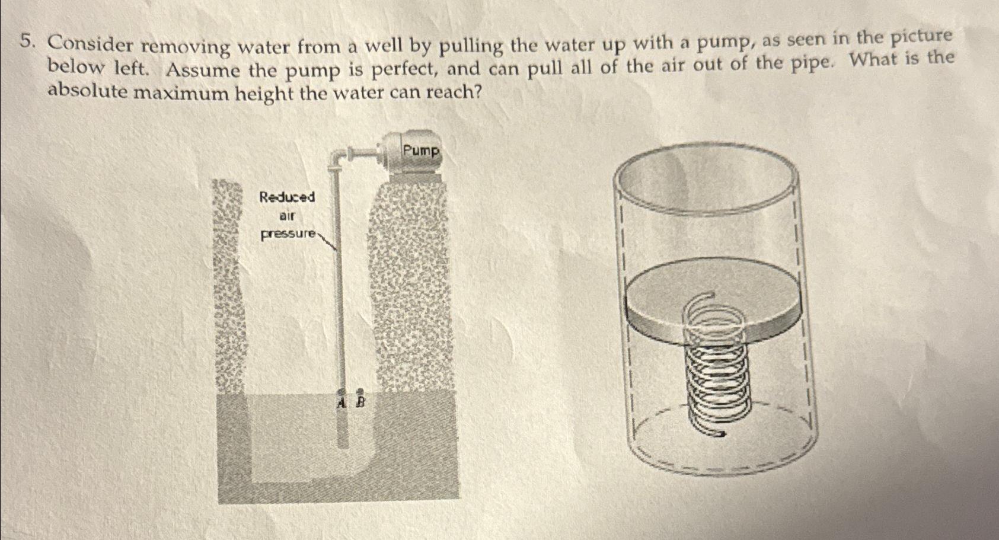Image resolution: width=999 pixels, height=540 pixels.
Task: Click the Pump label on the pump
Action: [421, 151]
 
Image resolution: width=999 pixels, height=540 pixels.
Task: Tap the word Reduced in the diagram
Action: [287, 197]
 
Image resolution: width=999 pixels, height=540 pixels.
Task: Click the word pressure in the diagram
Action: [289, 234]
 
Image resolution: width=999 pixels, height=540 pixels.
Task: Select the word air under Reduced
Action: [288, 216]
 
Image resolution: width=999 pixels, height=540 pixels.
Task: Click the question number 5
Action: [25, 41]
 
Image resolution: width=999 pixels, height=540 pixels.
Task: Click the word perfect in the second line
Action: [404, 70]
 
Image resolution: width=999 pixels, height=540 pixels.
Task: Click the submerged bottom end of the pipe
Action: [343, 442]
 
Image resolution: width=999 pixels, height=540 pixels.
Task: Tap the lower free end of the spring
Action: [720, 434]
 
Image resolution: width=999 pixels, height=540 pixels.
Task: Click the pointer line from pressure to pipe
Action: [328, 242]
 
